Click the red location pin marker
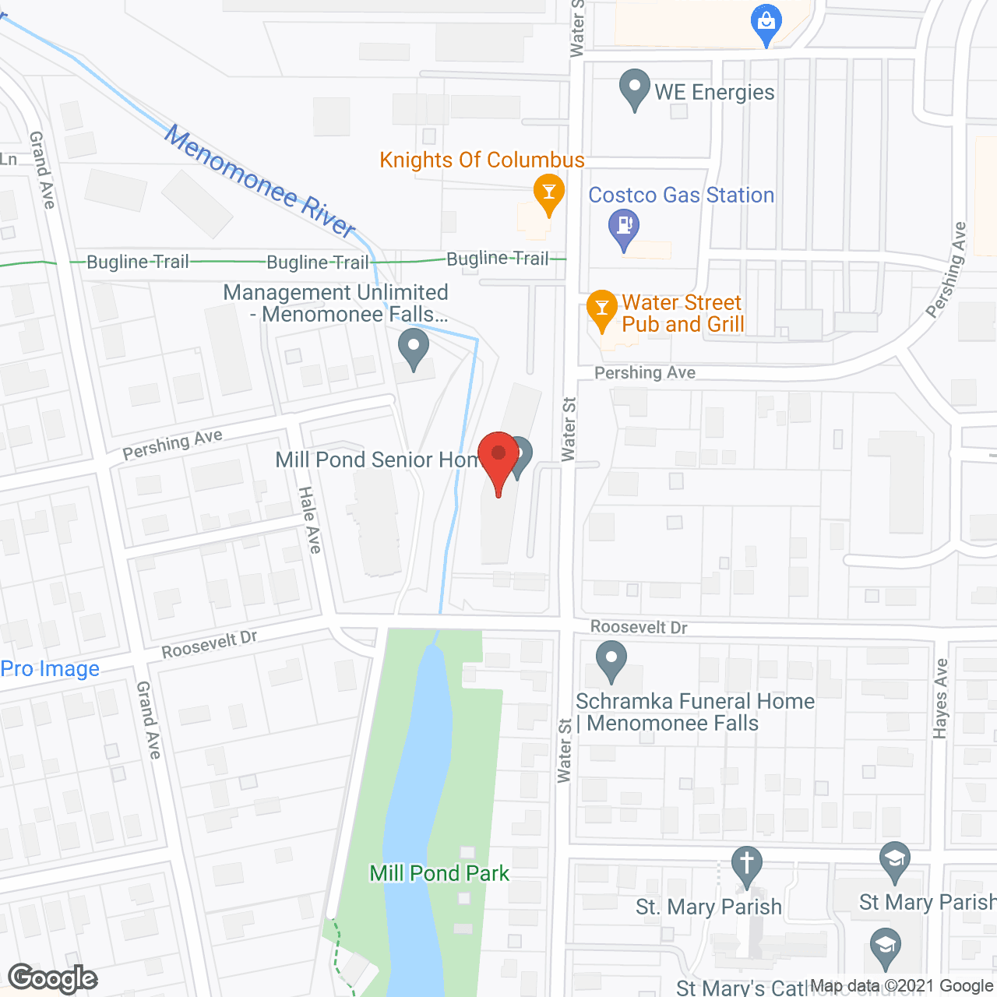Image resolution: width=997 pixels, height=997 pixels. click(x=498, y=460)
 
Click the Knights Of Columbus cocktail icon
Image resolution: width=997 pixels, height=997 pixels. click(x=548, y=193)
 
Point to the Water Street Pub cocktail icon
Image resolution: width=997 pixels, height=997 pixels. click(x=601, y=308)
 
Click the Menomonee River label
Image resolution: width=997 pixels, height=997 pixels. click(x=259, y=181)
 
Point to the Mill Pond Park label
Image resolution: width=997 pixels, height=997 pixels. click(x=439, y=873)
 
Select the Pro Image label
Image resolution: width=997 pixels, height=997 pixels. click(x=50, y=669)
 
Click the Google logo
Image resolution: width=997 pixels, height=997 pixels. click(x=53, y=978)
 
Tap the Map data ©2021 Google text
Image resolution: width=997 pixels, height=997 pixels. click(x=903, y=986)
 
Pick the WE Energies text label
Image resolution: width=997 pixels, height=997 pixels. click(x=714, y=92)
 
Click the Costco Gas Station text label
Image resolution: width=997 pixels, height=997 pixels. click(x=682, y=195)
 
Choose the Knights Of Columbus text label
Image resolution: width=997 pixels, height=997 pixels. click(x=482, y=160)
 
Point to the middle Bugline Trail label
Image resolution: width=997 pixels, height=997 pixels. click(x=318, y=262)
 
